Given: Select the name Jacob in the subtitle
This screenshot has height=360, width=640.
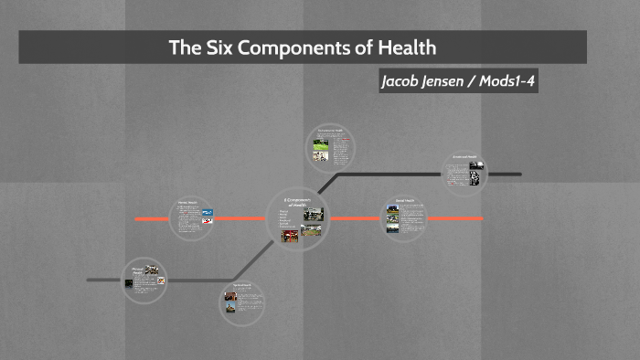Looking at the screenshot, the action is point(406,81).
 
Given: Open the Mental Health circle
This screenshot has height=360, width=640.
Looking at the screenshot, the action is point(193,217).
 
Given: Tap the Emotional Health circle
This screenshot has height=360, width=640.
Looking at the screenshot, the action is point(464,171).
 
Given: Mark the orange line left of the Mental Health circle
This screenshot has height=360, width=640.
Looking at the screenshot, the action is point(151,219).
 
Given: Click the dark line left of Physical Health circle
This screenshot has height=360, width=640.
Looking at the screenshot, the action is point(102,279).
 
